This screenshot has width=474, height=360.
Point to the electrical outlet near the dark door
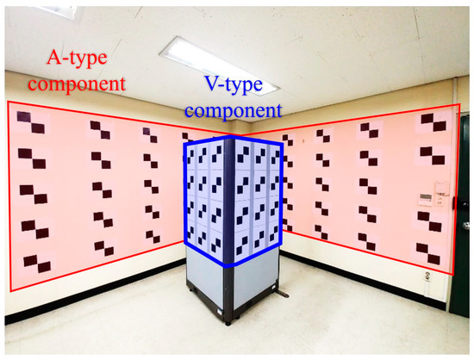[427, 276]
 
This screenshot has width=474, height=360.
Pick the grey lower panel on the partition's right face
[255, 285]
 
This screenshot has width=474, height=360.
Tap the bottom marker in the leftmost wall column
[34, 260]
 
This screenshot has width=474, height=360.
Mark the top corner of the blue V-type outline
[232, 137]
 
